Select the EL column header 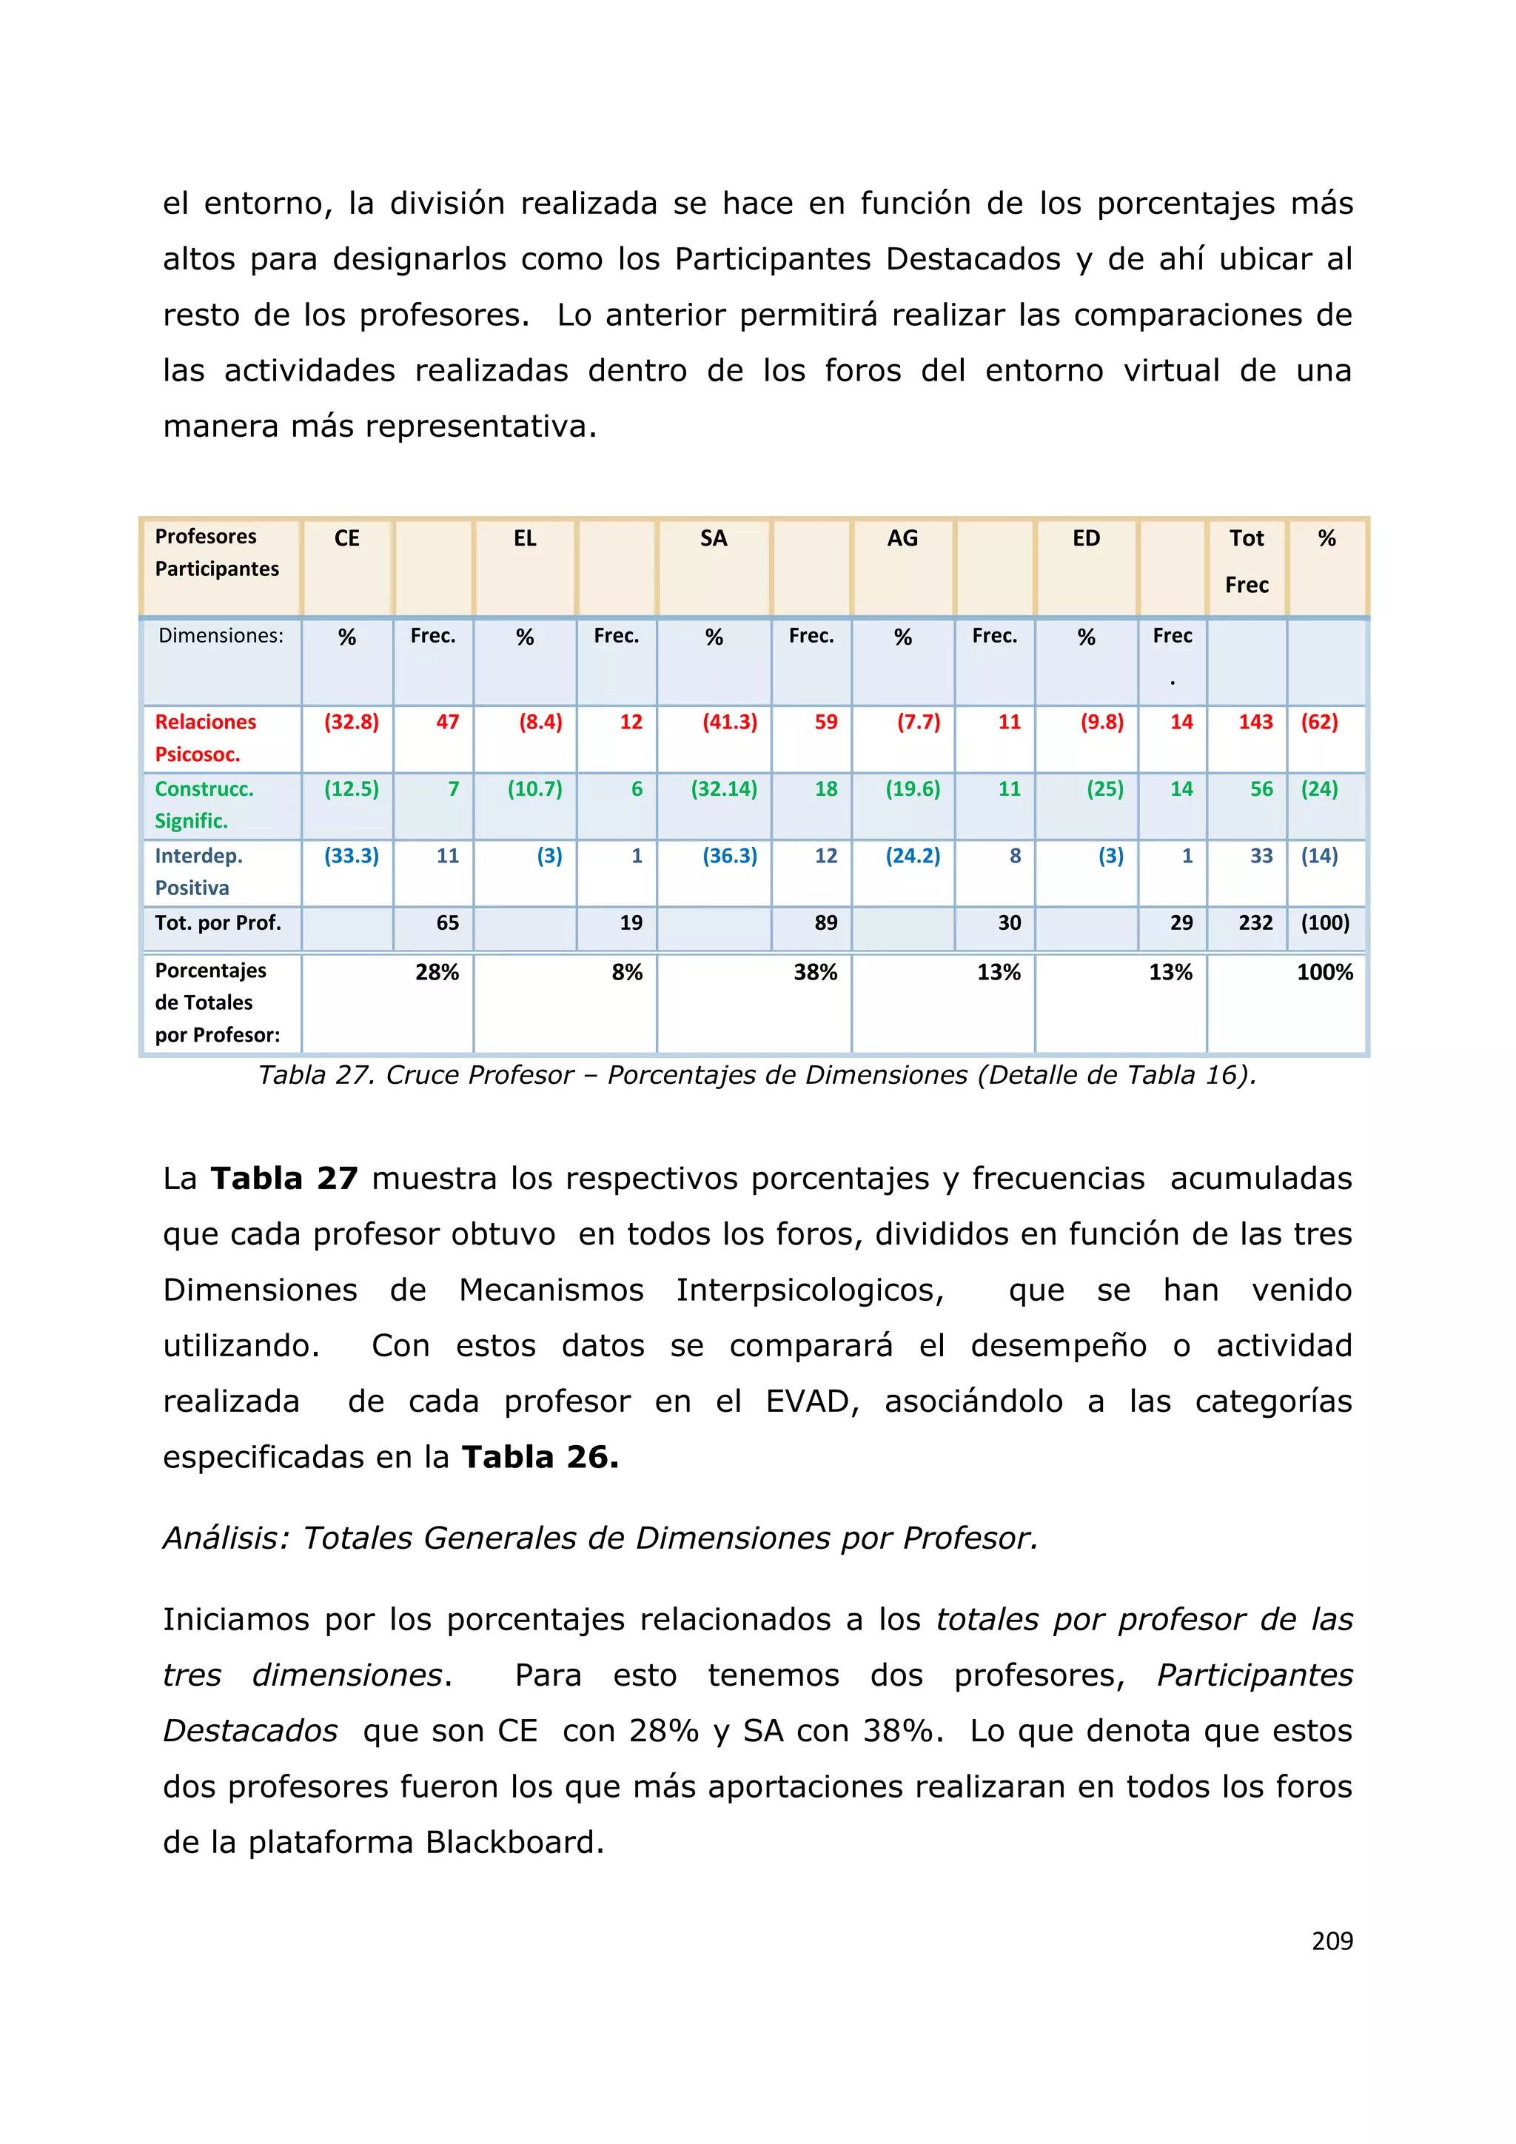[525, 539]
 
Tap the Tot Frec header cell [1247, 561]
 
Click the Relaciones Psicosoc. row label [205, 737]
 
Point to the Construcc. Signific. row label [204, 805]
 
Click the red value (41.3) [729, 722]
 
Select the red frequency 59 [825, 722]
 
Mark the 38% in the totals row [815, 973]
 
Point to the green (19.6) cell [912, 789]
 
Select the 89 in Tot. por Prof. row [825, 923]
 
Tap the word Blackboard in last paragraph [514, 1843]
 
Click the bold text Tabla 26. [540, 1457]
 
